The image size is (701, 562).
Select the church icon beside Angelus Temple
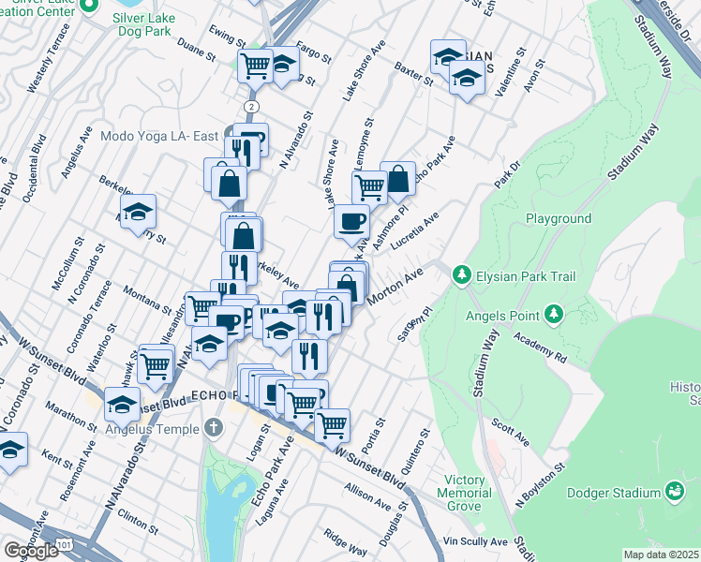(x=214, y=429)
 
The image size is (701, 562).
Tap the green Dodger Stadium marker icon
(x=674, y=491)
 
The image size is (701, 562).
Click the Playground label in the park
(x=558, y=218)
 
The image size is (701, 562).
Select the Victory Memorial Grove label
(x=465, y=493)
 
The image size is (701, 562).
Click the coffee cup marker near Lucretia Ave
(x=351, y=223)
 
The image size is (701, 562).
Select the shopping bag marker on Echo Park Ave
(x=397, y=178)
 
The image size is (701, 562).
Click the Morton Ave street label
(x=396, y=284)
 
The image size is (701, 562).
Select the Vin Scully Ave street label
(x=475, y=541)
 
